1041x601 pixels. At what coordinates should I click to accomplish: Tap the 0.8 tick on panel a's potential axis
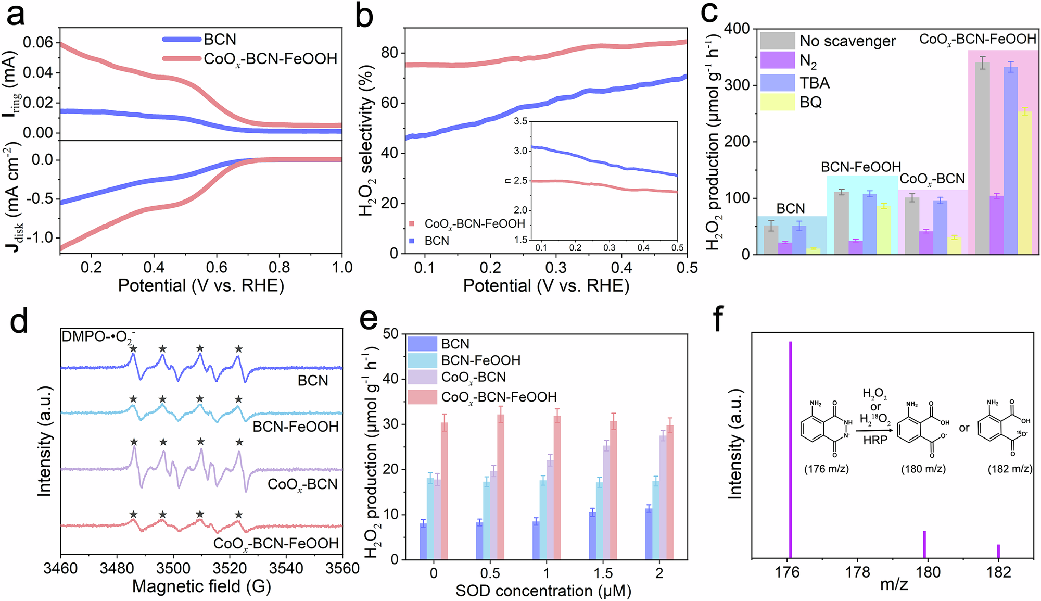point(280,267)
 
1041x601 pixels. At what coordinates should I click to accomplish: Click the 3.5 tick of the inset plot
point(520,121)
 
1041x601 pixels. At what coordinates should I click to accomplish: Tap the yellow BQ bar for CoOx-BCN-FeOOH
point(1025,182)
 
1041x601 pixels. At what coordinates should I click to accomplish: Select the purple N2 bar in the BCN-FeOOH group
point(856,247)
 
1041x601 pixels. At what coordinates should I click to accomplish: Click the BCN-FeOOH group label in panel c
point(861,167)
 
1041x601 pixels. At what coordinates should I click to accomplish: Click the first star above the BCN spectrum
point(134,348)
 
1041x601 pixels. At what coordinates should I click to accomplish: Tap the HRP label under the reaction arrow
point(875,441)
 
